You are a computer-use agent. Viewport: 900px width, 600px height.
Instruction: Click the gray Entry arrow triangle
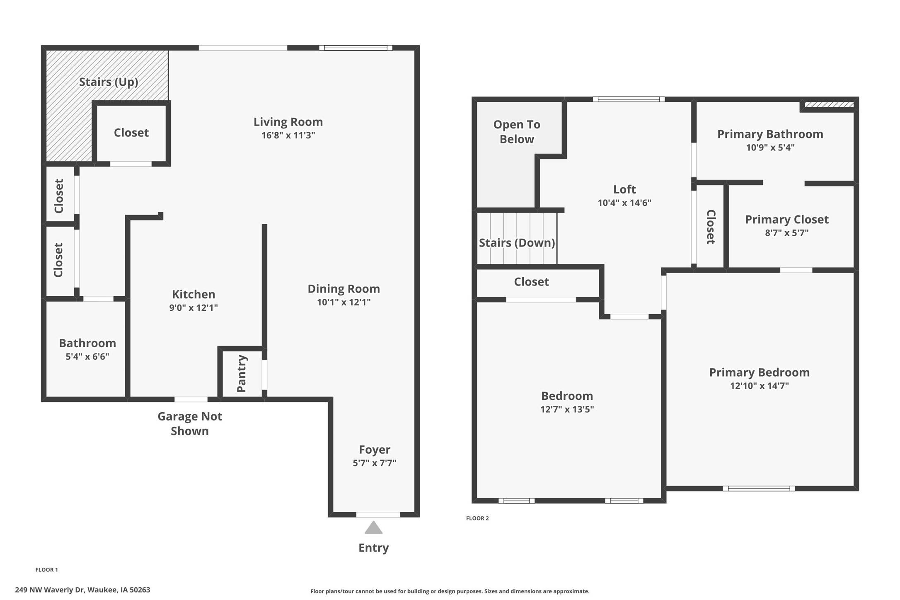coord(373,528)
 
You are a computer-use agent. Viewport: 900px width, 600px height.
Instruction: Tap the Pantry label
coord(242,373)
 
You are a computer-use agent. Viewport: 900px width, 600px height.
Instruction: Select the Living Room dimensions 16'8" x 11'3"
coord(288,135)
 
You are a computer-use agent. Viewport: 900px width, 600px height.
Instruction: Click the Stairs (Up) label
coord(109,82)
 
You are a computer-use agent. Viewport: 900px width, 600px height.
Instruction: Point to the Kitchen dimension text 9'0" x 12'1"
coord(193,307)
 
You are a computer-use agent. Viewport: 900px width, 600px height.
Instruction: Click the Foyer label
coord(374,449)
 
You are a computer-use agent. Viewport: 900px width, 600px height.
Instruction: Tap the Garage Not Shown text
coord(190,423)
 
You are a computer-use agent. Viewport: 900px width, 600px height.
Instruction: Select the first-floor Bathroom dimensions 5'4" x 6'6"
coord(87,356)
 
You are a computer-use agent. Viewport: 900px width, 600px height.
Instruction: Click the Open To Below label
coord(516,132)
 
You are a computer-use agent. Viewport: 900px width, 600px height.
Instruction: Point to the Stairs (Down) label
coord(517,242)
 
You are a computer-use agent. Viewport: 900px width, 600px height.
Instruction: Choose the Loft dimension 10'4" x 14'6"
coord(624,203)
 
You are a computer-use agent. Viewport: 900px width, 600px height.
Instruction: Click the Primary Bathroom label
coord(770,134)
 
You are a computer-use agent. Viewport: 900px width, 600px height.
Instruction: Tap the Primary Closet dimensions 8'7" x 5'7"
coord(786,233)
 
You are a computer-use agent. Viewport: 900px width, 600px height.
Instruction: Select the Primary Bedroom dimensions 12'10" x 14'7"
coord(759,386)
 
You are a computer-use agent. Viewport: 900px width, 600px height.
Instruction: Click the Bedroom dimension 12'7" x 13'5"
coord(567,409)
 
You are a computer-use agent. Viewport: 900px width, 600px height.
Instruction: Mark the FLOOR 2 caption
coord(477,518)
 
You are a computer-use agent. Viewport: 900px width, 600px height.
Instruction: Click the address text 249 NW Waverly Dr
coord(50,590)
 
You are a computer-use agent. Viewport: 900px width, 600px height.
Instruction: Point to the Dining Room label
coord(344,288)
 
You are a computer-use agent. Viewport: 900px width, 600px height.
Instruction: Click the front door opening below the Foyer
coord(378,515)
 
